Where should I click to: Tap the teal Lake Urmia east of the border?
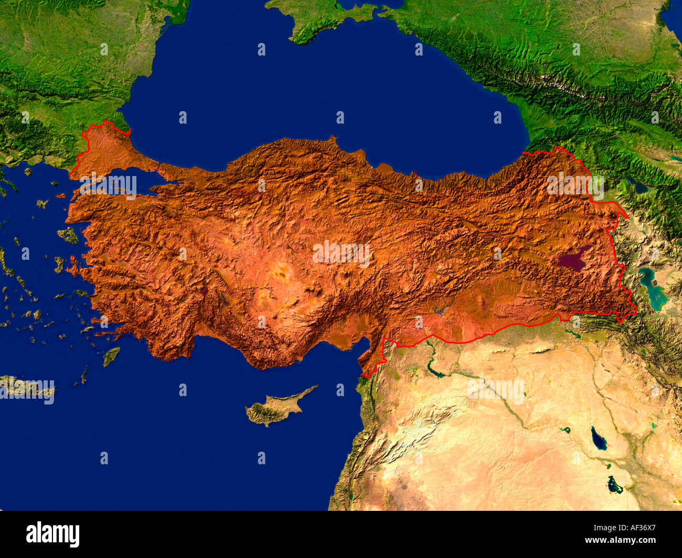652,288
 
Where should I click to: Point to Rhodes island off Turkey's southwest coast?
111,356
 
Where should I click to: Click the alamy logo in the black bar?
53,534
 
